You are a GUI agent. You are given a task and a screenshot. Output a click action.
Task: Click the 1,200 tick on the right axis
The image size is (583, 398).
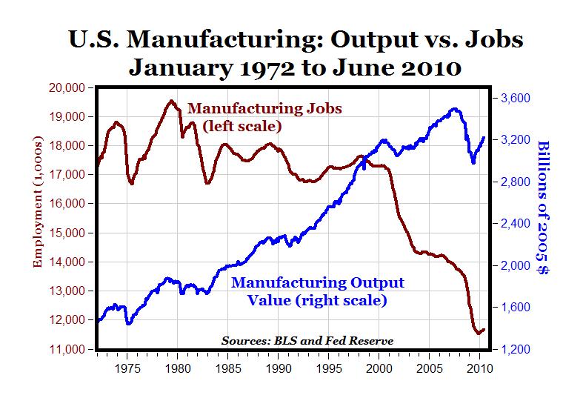pos(510,349)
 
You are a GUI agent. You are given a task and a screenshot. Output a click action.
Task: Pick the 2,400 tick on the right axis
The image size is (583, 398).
pos(510,224)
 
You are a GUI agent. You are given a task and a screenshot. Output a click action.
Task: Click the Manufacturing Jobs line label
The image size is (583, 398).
pos(264,116)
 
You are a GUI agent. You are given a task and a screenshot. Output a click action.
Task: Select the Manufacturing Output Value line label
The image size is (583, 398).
pos(319,291)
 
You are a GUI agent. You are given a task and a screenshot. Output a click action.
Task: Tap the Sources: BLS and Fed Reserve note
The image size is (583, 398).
pos(307,340)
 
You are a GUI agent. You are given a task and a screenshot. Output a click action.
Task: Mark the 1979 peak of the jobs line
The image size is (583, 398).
pos(171,101)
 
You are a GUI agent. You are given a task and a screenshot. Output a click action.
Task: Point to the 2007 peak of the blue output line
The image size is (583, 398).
pos(453,109)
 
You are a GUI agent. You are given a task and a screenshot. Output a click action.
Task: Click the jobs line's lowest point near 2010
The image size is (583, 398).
pos(478,334)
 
